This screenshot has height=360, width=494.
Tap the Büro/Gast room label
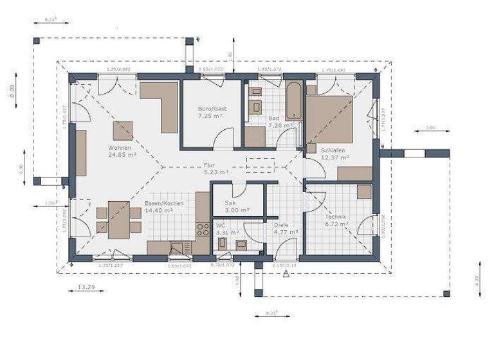(x=210, y=109)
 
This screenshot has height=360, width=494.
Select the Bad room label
(x=273, y=119)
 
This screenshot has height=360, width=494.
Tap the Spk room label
(x=230, y=203)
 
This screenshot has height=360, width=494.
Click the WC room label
(x=221, y=226)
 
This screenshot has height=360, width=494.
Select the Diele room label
(x=281, y=226)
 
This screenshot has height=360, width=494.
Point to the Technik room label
(x=336, y=217)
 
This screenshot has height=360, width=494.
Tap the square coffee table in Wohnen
(x=123, y=130)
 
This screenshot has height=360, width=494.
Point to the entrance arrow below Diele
(x=285, y=273)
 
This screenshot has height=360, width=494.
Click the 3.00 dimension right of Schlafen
(x=430, y=129)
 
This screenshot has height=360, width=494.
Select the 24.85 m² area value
(x=122, y=155)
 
